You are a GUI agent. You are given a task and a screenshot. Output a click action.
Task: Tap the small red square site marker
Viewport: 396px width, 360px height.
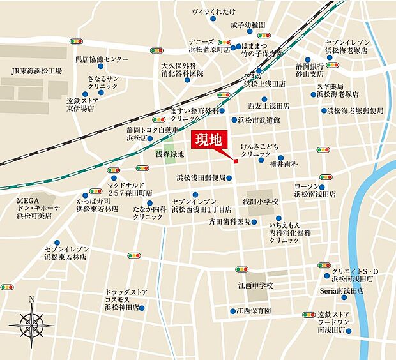click(x=236, y=161)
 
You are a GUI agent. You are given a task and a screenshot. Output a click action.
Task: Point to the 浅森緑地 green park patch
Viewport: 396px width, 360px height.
click(x=170, y=154)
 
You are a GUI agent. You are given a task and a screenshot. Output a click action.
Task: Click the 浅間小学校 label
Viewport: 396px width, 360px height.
click(x=261, y=201)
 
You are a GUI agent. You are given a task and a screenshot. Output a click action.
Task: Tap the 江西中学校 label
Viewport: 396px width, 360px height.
click(x=254, y=285)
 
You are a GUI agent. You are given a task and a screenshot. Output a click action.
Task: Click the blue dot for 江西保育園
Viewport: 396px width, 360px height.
click(x=232, y=311)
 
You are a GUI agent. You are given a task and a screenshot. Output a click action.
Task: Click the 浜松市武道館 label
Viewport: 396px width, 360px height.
click(x=263, y=119)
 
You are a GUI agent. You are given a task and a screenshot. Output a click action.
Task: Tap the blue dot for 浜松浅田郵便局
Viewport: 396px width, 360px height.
click(x=231, y=179)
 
